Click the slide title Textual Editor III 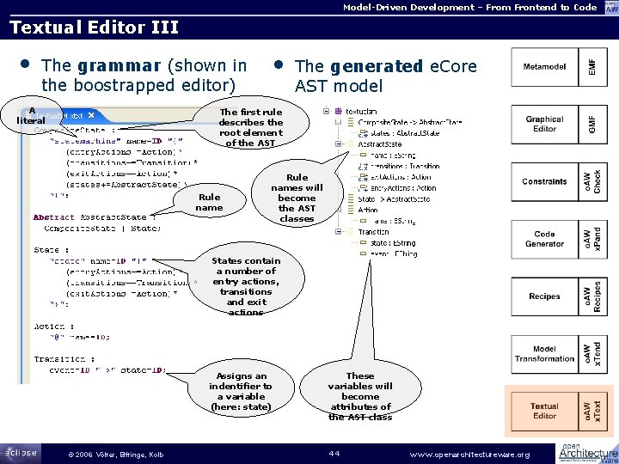(94, 27)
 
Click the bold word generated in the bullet (374, 66)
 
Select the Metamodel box (544, 67)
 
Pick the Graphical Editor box (544, 125)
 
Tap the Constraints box (544, 182)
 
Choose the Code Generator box (544, 240)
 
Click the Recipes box (544, 296)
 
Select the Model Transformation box (544, 353)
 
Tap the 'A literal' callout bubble (31, 115)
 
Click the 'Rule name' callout (209, 202)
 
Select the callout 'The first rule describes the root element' (251, 127)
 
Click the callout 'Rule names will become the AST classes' (297, 198)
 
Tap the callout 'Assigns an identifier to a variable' (241, 391)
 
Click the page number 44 (334, 453)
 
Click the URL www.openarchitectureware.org (470, 454)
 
